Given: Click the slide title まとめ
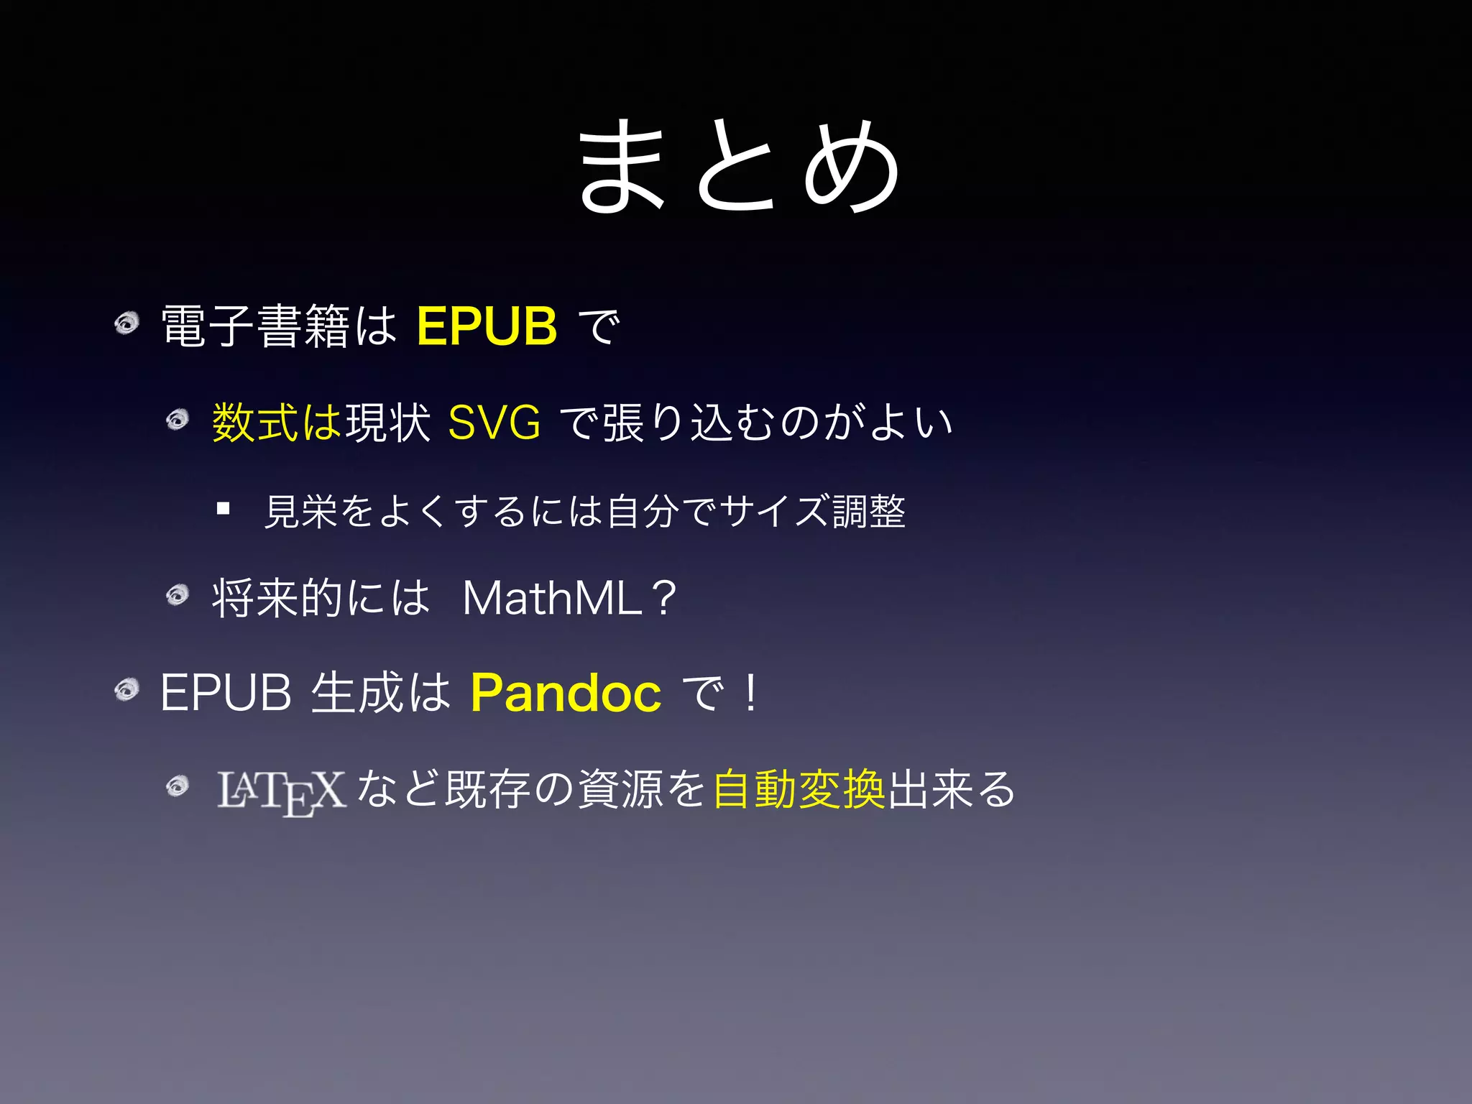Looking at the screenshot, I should click(x=739, y=167).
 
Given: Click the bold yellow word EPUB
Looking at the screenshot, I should click(x=487, y=326).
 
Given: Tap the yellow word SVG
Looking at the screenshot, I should click(x=494, y=422).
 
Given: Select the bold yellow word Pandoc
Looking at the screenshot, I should click(x=566, y=693).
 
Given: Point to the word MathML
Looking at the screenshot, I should click(x=552, y=597).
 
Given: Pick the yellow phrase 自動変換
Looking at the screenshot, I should click(x=799, y=789).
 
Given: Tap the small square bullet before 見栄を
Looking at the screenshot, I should click(x=223, y=510).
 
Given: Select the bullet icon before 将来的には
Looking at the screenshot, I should click(x=177, y=594).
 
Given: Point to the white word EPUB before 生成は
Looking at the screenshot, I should click(x=226, y=693).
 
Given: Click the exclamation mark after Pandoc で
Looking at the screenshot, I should click(x=751, y=693).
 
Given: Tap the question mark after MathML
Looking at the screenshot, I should click(x=665, y=597).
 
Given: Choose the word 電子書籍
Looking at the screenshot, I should click(x=255, y=326).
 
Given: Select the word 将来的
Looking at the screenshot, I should click(x=277, y=597).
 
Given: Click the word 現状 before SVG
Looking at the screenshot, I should click(x=388, y=422).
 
